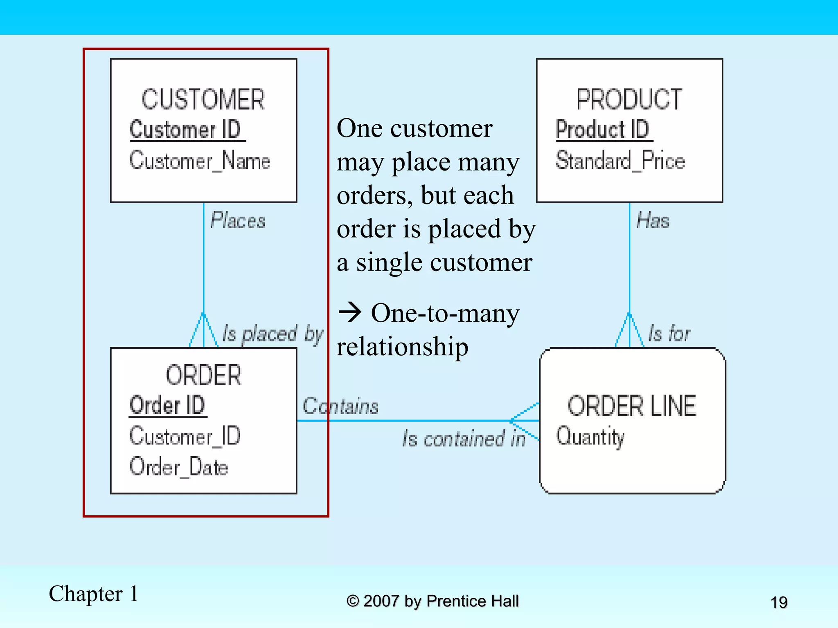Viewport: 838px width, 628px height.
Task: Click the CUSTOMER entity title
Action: pyautogui.click(x=203, y=99)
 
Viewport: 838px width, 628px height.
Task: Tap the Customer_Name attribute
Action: pyautogui.click(x=200, y=160)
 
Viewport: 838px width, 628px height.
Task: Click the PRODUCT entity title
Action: pyautogui.click(x=629, y=99)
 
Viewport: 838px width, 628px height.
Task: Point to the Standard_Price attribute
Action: pyautogui.click(x=620, y=160)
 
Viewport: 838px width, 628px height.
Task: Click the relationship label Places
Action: pyautogui.click(x=238, y=221)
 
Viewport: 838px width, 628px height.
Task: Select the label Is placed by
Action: pyautogui.click(x=273, y=334)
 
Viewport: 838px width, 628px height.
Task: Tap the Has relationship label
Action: pyautogui.click(x=653, y=221)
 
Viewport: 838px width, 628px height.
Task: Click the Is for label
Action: pyautogui.click(x=669, y=333)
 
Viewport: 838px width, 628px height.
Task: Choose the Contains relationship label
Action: pyautogui.click(x=340, y=406)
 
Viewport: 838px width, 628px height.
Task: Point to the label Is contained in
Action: pyautogui.click(x=464, y=439)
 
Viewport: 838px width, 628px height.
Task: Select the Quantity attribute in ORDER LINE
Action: pyautogui.click(x=590, y=437)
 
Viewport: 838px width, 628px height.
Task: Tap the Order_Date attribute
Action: pyautogui.click(x=178, y=467)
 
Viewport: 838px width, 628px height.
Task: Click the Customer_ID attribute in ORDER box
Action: pyautogui.click(x=185, y=436)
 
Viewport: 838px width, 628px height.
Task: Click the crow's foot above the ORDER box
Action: pyautogui.click(x=203, y=331)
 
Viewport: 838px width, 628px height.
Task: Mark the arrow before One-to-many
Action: pyautogui.click(x=350, y=313)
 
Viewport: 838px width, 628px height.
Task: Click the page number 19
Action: pyautogui.click(x=779, y=602)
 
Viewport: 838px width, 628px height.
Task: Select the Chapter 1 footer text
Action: pyautogui.click(x=93, y=594)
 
